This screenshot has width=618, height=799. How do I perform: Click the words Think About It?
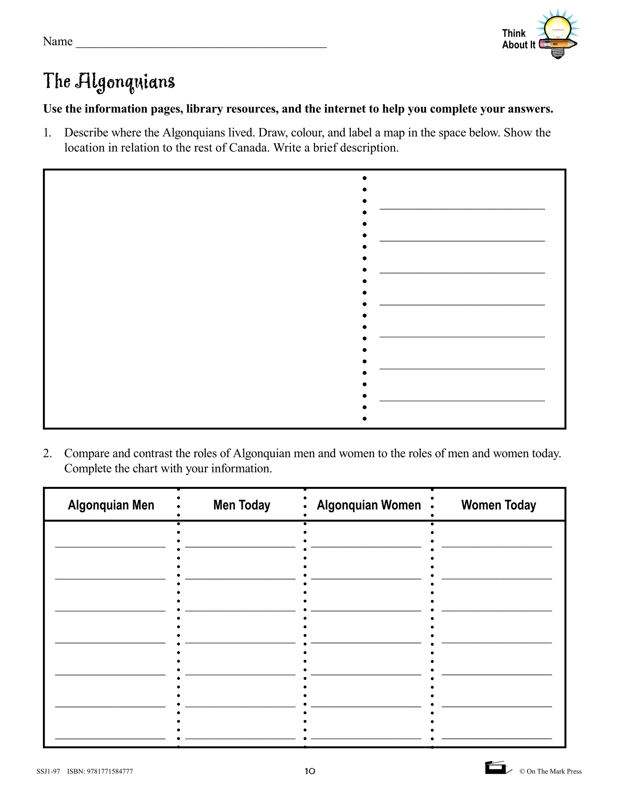click(x=518, y=39)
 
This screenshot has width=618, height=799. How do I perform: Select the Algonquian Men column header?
click(x=111, y=505)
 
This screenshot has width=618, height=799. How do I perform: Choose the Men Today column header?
click(x=242, y=505)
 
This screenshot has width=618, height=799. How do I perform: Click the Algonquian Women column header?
click(x=369, y=505)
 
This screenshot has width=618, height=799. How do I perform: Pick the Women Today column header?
click(x=499, y=505)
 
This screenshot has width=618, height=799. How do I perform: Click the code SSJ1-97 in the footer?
click(x=48, y=772)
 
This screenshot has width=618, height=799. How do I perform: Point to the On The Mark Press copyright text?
click(x=550, y=772)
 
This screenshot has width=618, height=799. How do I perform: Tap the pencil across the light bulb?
click(x=558, y=45)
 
